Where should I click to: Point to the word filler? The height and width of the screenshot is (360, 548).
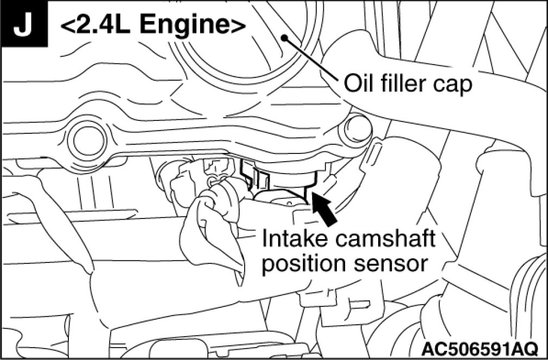pos(406,85)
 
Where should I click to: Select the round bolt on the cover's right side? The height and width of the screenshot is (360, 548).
pos(356,129)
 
